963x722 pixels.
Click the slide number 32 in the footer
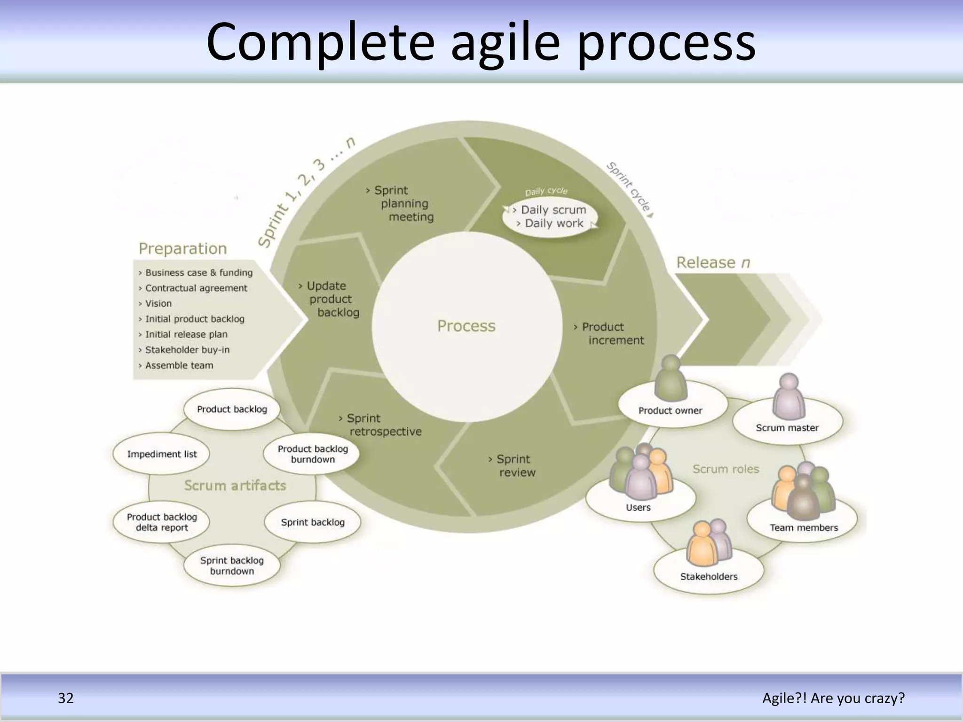[66, 698]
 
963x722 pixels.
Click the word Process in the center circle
[466, 326]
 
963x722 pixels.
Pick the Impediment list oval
[162, 454]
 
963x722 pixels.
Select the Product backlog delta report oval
[162, 522]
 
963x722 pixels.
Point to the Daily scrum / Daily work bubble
[551, 217]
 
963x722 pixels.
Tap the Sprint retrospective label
[381, 424]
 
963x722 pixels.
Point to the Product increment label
[610, 333]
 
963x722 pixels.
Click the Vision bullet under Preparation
[158, 304]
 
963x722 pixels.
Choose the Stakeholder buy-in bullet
[187, 350]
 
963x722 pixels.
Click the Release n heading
[712, 262]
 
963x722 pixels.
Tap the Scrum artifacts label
[235, 485]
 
